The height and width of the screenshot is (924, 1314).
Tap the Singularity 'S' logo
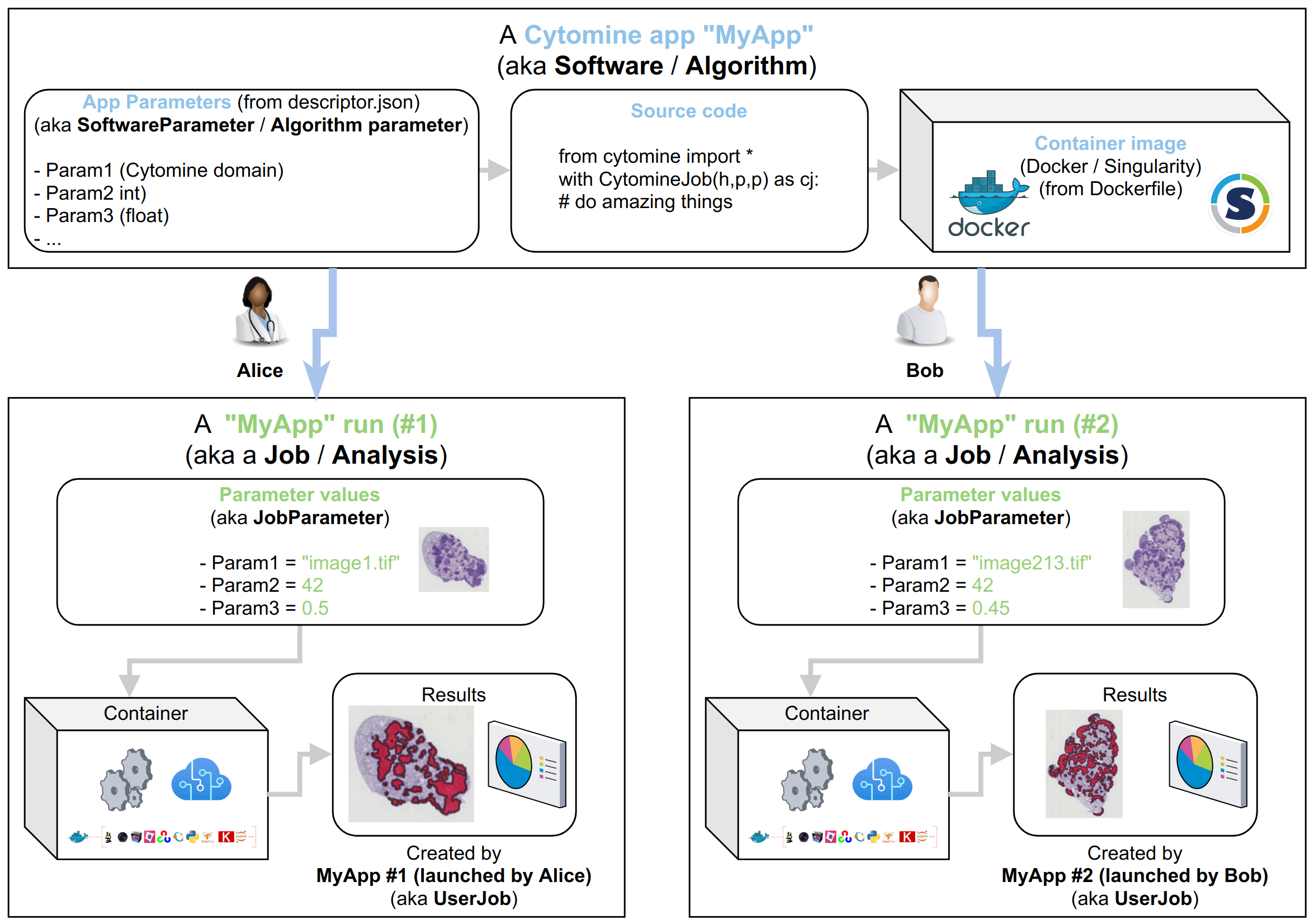(1240, 204)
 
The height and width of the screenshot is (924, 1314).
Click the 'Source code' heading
(688, 111)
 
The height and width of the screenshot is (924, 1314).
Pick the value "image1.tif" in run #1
(350, 563)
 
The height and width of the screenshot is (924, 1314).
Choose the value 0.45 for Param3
(991, 608)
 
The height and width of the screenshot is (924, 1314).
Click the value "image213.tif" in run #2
(1031, 563)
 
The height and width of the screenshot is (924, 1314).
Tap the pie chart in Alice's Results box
(514, 762)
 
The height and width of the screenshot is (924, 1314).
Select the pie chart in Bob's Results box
(1194, 762)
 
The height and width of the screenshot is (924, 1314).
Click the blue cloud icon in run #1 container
(201, 779)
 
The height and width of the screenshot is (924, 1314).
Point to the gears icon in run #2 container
(807, 779)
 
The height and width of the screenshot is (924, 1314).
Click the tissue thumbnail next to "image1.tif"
(454, 559)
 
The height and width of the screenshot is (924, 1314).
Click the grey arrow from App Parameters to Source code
(494, 169)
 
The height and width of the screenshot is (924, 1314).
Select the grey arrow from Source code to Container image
(883, 169)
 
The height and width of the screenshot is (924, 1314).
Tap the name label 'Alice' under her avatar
(260, 370)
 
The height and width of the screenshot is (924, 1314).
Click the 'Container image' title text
(1110, 143)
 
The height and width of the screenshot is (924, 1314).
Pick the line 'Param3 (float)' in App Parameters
(107, 216)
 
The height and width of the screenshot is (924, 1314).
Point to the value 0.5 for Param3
(315, 608)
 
